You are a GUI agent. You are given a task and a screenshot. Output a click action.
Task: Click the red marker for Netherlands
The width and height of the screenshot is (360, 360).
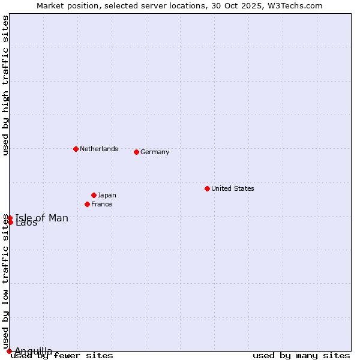(76, 149)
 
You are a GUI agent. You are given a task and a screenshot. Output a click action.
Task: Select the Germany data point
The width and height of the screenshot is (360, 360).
(136, 152)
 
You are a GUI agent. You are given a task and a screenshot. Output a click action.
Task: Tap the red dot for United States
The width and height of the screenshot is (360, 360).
(207, 188)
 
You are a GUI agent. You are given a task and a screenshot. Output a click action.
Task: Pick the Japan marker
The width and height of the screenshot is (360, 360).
(94, 195)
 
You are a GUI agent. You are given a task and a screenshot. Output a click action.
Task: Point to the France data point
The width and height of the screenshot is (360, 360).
(87, 204)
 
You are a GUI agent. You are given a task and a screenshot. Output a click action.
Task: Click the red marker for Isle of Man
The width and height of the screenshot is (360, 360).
(10, 218)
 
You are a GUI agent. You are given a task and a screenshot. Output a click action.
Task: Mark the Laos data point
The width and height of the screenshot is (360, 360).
(10, 223)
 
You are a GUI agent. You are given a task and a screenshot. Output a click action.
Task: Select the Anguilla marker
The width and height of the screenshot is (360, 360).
(9, 351)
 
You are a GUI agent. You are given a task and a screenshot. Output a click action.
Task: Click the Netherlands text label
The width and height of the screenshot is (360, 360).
(99, 149)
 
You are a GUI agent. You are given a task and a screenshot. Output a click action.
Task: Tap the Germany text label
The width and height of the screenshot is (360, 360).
(155, 152)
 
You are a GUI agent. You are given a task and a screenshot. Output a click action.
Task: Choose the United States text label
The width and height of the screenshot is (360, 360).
(233, 188)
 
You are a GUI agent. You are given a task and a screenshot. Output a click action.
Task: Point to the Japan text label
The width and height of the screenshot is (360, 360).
(107, 195)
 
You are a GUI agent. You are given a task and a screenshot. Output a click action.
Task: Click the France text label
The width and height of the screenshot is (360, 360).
(101, 204)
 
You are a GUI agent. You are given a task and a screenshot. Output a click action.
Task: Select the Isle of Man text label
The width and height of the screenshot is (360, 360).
(42, 218)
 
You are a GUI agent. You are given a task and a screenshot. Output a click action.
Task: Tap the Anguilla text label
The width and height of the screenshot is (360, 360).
(34, 351)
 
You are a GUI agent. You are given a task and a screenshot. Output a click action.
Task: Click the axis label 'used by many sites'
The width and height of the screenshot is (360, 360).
(301, 356)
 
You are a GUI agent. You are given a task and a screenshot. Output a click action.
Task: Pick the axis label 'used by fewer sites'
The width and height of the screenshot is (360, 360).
(62, 356)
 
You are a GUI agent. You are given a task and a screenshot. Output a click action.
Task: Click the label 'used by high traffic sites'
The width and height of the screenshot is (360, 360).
(6, 85)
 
